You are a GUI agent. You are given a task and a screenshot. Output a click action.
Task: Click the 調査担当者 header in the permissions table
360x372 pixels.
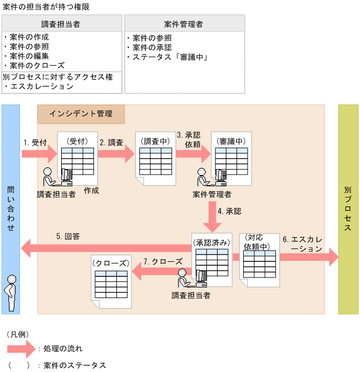tap(61, 24)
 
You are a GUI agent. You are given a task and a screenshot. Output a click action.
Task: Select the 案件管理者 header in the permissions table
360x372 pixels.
tap(184, 24)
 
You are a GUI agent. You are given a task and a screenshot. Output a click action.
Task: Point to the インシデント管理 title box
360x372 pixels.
tap(81, 114)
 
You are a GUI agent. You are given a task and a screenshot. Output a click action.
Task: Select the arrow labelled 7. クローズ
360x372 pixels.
tap(161, 271)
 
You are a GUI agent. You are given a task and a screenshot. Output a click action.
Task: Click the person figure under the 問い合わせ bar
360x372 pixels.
tap(11, 293)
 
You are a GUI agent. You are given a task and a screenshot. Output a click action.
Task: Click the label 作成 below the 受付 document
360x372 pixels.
tap(91, 190)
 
